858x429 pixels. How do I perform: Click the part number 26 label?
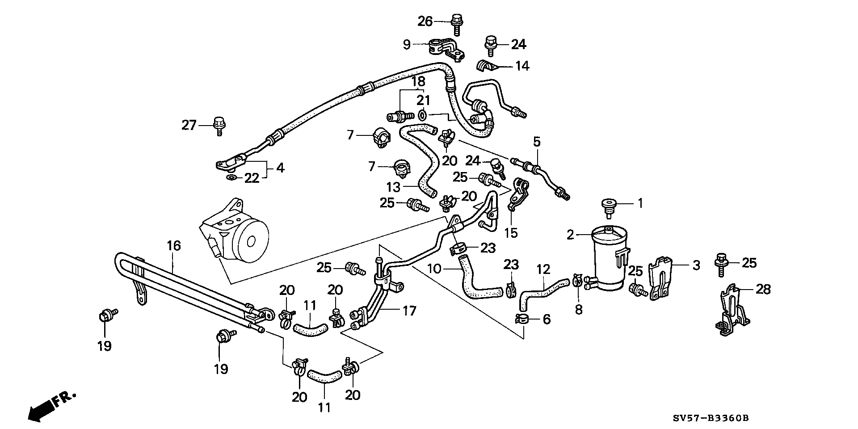point(425,21)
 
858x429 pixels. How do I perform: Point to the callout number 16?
point(174,245)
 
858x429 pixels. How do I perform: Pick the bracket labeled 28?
point(733,309)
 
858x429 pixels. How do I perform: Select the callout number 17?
point(409,311)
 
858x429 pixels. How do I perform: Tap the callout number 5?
point(537,142)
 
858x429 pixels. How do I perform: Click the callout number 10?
point(434,269)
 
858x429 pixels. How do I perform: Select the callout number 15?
point(511,232)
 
